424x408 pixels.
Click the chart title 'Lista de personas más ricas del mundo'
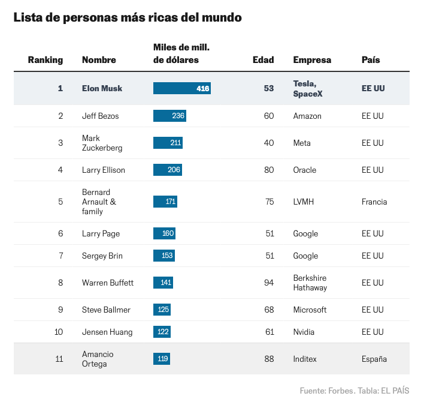(x=128, y=18)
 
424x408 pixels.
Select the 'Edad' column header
(x=264, y=60)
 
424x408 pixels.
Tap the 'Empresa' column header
(x=312, y=60)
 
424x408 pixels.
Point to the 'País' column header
(x=371, y=60)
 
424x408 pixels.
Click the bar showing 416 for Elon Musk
(x=181, y=88)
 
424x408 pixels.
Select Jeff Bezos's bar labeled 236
(x=169, y=116)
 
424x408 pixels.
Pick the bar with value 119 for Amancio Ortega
(x=162, y=359)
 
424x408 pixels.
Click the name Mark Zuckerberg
(x=102, y=143)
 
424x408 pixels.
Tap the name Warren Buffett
(x=108, y=283)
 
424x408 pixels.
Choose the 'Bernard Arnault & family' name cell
(x=99, y=202)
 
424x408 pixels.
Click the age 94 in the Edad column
(x=269, y=283)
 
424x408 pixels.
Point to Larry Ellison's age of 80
(x=269, y=170)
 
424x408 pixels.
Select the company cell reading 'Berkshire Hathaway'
(x=310, y=283)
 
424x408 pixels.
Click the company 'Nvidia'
(x=304, y=332)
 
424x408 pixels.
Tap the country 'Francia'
(x=374, y=202)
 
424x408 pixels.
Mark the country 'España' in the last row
(x=374, y=359)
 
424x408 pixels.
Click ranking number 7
(x=60, y=256)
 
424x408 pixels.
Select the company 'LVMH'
(x=304, y=202)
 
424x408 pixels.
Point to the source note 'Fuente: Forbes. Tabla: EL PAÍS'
(x=355, y=391)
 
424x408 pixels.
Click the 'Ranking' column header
(x=46, y=60)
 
